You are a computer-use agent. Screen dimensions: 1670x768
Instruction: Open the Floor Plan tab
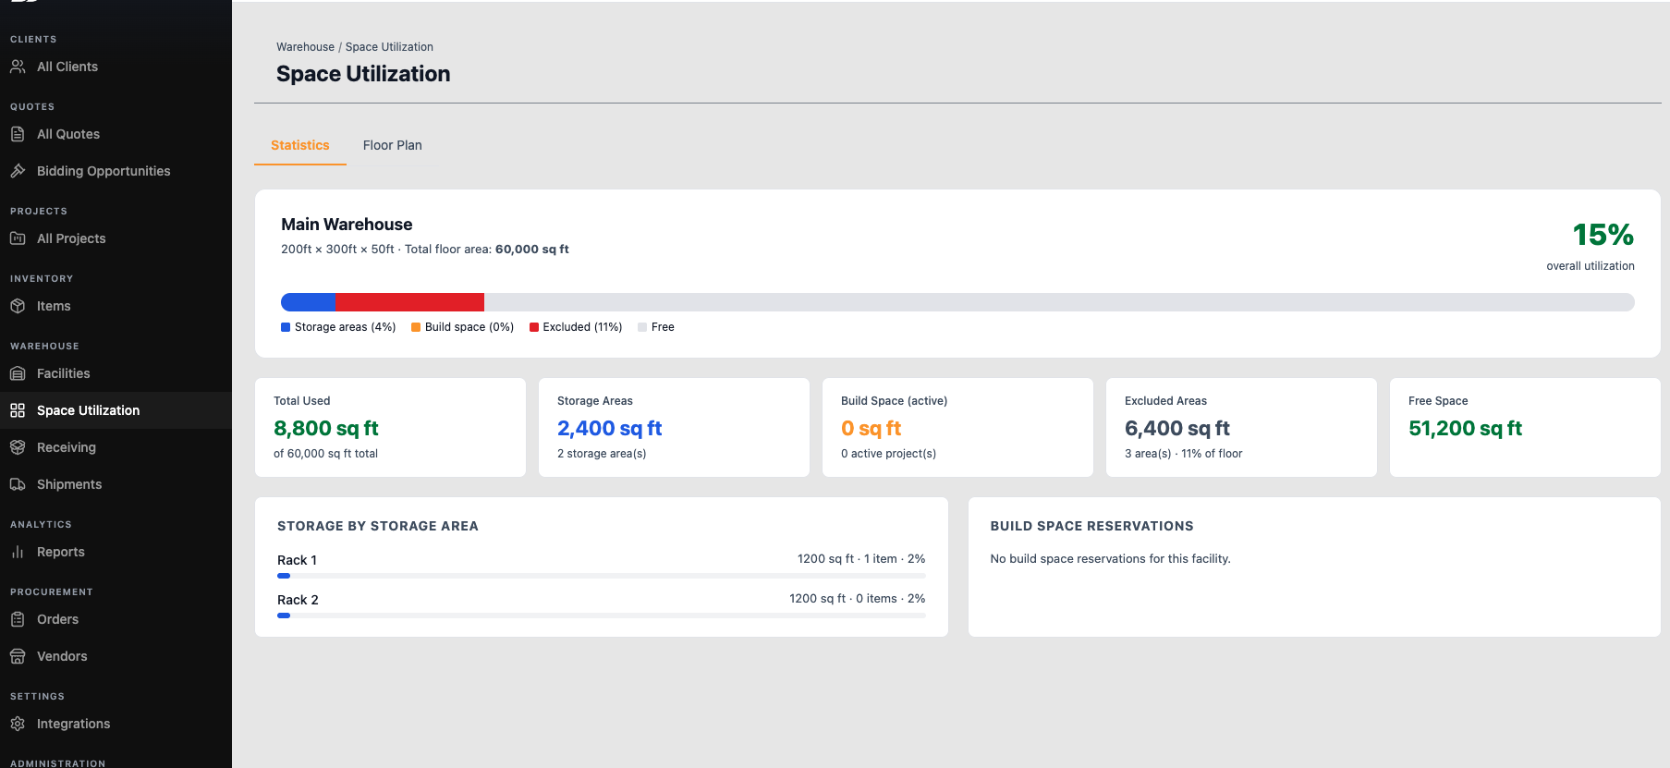click(x=392, y=145)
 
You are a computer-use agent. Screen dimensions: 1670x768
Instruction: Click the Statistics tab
click(x=300, y=145)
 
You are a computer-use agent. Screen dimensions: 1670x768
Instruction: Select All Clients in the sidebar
click(x=67, y=67)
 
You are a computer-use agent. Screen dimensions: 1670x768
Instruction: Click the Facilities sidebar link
click(x=64, y=373)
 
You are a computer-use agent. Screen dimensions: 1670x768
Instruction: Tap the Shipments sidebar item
click(x=69, y=484)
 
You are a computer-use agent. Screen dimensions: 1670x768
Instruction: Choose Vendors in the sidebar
click(x=62, y=656)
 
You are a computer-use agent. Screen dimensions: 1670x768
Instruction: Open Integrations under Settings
click(x=73, y=724)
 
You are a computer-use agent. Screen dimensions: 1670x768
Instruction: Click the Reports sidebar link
click(x=61, y=552)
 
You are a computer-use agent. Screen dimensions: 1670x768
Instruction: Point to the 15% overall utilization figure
click(x=1603, y=235)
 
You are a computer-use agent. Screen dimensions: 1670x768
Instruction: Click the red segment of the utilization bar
click(x=410, y=302)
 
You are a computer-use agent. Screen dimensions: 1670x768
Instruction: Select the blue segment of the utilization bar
click(x=309, y=302)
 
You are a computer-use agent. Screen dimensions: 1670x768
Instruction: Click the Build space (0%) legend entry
click(x=463, y=327)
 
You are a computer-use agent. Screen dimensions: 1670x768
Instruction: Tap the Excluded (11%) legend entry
click(x=576, y=327)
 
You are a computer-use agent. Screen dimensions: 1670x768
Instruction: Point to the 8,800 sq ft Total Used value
click(x=326, y=429)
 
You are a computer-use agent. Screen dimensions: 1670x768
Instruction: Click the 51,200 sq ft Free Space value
click(x=1465, y=429)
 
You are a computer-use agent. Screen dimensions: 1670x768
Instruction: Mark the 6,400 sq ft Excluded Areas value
click(x=1177, y=429)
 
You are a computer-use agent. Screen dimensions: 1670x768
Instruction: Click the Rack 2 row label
click(x=298, y=600)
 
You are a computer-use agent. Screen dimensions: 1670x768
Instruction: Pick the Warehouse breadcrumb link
click(x=305, y=47)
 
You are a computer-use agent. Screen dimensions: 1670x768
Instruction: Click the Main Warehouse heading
click(x=347, y=225)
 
